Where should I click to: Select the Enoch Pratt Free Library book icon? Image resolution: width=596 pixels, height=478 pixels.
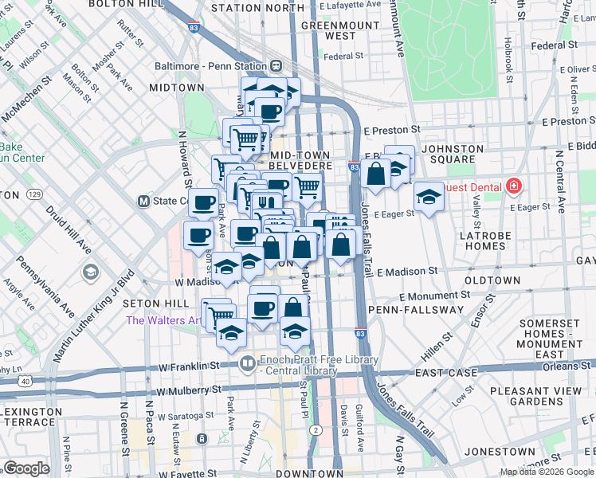pyautogui.click(x=248, y=363)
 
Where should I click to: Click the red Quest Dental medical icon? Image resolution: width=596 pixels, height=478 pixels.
pyautogui.click(x=513, y=187)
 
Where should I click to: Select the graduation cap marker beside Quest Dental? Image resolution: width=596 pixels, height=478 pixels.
pyautogui.click(x=429, y=198)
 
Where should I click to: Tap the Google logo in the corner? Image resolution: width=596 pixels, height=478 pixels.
pyautogui.click(x=26, y=468)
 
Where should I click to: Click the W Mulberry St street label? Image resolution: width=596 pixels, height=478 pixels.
pyautogui.click(x=189, y=391)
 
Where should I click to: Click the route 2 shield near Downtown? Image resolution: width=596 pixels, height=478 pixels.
pyautogui.click(x=316, y=430)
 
